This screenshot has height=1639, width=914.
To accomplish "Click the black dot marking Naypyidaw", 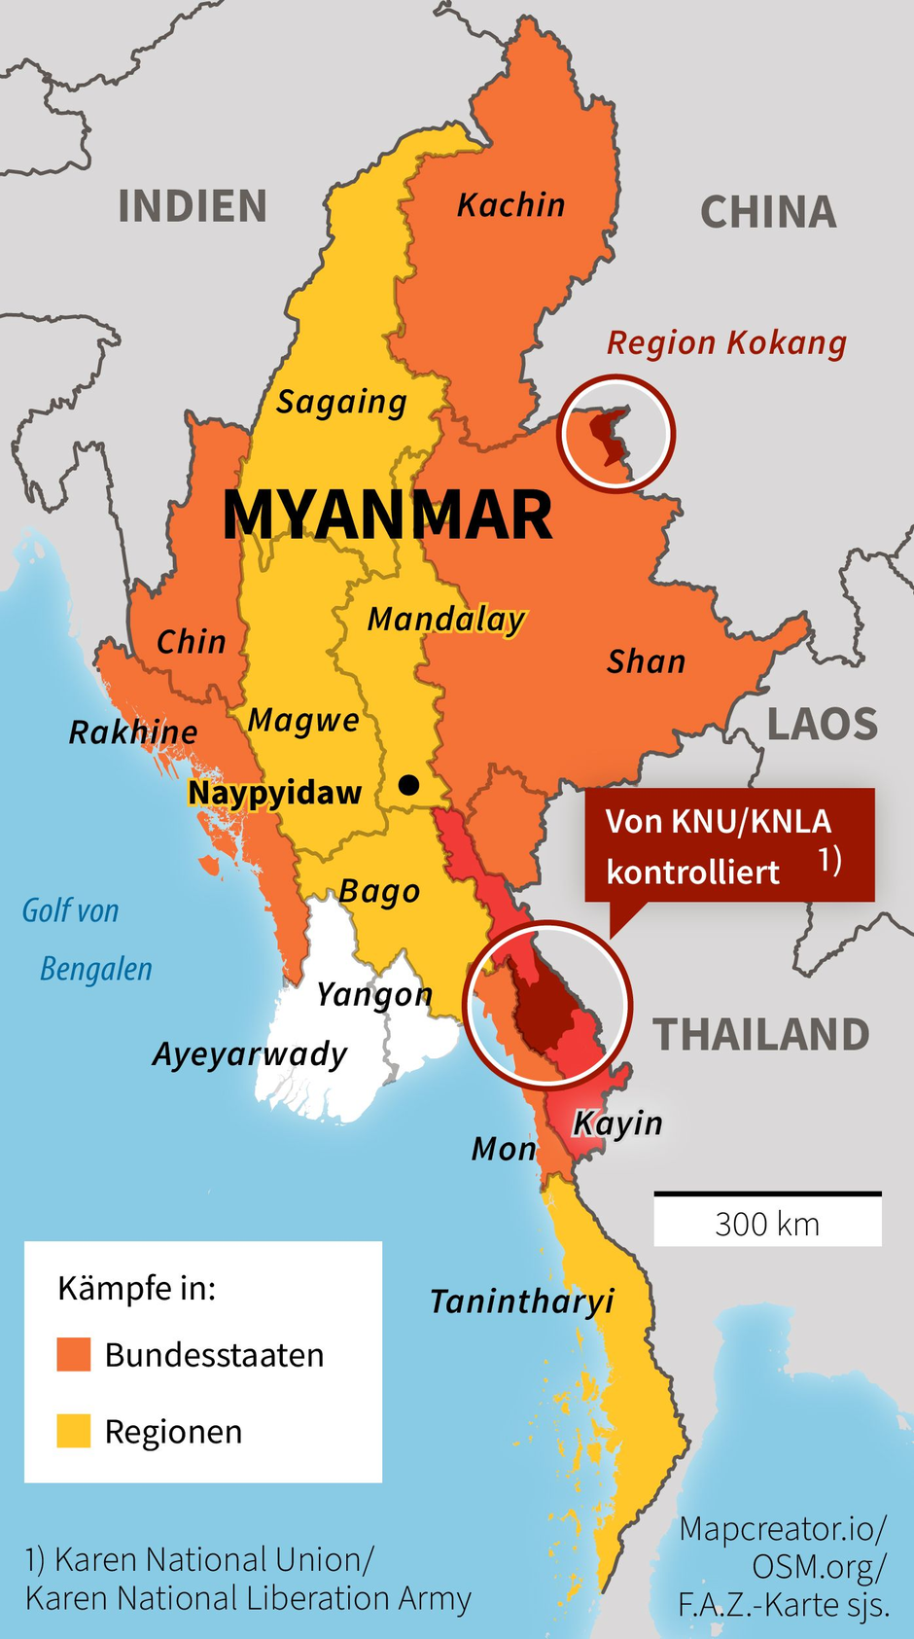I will (x=409, y=784).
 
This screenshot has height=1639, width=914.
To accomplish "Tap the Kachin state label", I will (x=510, y=205).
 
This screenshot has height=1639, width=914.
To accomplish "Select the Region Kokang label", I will (x=726, y=343).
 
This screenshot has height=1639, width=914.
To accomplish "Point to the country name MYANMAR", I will (x=387, y=515).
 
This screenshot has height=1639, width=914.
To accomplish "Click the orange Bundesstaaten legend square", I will (x=74, y=1354).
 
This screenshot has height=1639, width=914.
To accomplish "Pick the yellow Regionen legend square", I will (x=74, y=1431).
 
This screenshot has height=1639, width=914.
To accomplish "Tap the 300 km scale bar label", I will (x=767, y=1224).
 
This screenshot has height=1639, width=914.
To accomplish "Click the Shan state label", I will (x=646, y=662).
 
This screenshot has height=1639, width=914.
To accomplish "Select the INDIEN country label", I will (x=193, y=207).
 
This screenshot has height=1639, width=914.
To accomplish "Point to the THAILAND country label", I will (x=760, y=1035).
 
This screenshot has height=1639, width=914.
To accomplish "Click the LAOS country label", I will (x=822, y=726).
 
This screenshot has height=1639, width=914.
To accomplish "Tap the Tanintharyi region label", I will (x=522, y=1301).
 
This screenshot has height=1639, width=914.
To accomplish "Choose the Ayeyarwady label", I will (x=250, y=1054).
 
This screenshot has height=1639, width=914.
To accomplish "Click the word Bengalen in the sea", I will (x=96, y=969).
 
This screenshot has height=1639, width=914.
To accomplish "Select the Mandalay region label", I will (x=446, y=619).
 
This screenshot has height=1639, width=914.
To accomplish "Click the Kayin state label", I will (x=617, y=1123).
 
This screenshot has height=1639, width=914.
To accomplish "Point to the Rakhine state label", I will (x=133, y=732).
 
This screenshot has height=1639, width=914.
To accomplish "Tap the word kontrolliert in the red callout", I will (x=692, y=872).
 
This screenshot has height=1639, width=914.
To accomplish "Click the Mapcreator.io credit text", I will (x=783, y=1529).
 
